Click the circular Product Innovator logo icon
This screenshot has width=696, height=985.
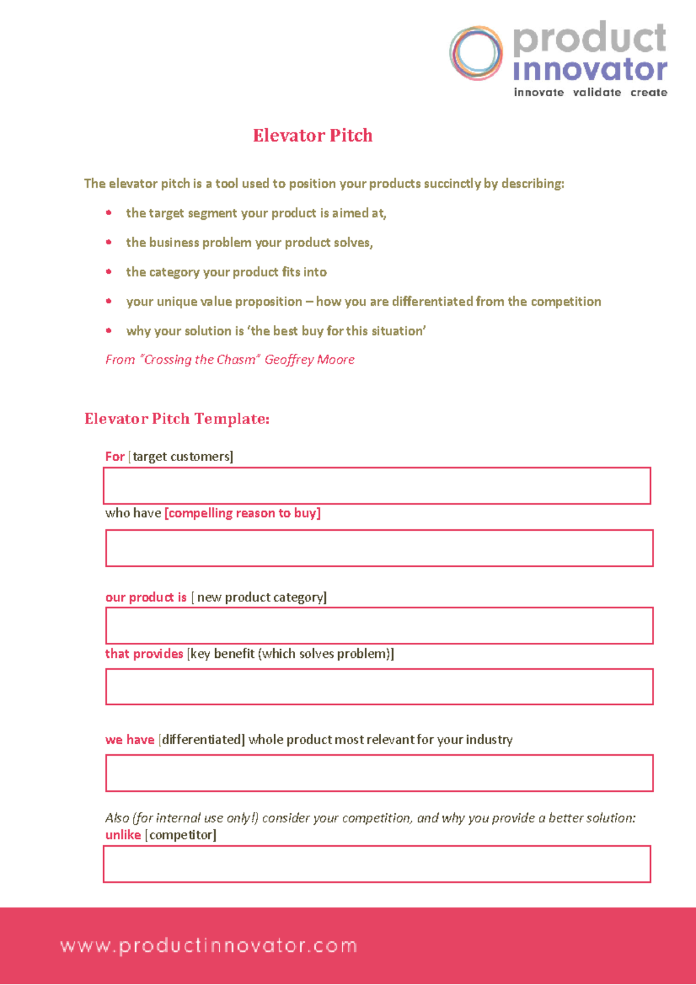click(x=476, y=53)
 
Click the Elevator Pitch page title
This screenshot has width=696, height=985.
click(x=313, y=136)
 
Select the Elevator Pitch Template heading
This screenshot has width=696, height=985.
click(x=177, y=419)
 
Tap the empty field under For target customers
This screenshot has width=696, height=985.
click(x=377, y=486)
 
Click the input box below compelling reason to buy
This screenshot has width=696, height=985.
click(x=379, y=548)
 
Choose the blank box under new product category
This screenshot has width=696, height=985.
click(x=379, y=625)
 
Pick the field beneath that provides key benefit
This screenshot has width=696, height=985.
click(x=379, y=687)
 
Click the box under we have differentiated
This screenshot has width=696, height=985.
click(x=379, y=773)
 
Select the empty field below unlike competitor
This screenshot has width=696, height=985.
click(x=377, y=864)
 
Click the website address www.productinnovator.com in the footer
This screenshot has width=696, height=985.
click(x=209, y=946)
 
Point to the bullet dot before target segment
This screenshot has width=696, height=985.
click(x=109, y=213)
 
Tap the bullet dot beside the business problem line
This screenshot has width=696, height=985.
click(x=109, y=242)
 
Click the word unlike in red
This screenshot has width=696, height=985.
click(x=123, y=835)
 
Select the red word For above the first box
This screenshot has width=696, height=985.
click(x=115, y=457)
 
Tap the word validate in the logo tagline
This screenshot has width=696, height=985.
click(x=597, y=92)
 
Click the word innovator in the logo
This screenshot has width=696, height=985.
click(x=590, y=70)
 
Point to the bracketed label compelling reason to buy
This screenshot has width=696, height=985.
click(x=242, y=513)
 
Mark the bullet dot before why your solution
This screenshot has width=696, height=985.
click(x=109, y=331)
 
